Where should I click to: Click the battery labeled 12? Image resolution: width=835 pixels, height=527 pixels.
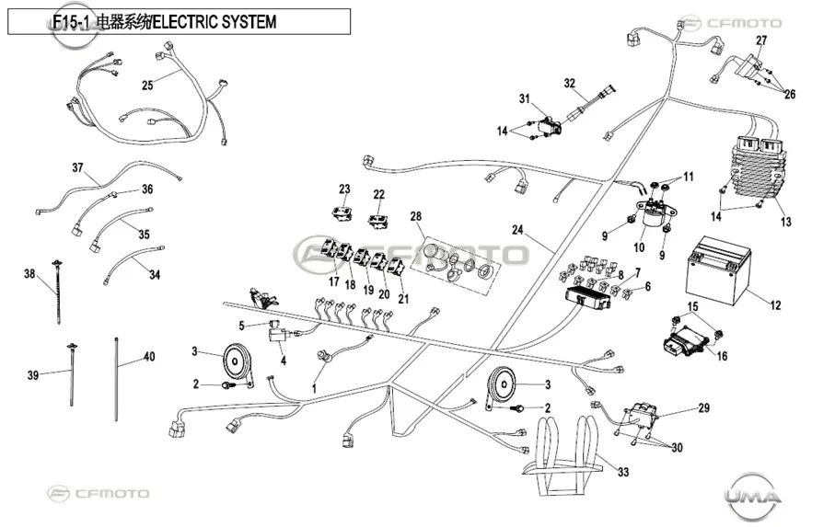[720, 270]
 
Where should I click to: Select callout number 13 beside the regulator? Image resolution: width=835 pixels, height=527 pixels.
[785, 222]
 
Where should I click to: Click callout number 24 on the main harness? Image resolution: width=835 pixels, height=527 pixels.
[517, 230]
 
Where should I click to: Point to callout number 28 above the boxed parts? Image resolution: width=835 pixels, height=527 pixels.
[415, 216]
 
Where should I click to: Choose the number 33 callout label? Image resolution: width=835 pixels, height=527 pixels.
[623, 472]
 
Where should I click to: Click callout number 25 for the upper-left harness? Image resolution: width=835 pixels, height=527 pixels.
[147, 86]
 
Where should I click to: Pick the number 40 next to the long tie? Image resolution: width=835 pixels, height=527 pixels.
[150, 357]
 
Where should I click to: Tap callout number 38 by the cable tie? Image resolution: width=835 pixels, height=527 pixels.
[29, 274]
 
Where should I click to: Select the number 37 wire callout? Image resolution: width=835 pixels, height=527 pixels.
[77, 167]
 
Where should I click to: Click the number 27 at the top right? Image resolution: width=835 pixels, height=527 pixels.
[761, 40]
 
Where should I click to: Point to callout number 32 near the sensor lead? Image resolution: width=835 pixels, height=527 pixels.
[569, 84]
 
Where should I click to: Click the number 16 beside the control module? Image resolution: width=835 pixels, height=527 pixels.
[722, 356]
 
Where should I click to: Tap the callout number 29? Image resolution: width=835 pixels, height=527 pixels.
[704, 407]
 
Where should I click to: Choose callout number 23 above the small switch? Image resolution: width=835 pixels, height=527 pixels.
[344, 189]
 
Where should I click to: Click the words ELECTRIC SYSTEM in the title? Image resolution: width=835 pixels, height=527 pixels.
[215, 22]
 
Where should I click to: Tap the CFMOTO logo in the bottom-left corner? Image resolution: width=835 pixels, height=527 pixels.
[99, 494]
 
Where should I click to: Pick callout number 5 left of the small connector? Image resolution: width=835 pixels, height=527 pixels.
[241, 326]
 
